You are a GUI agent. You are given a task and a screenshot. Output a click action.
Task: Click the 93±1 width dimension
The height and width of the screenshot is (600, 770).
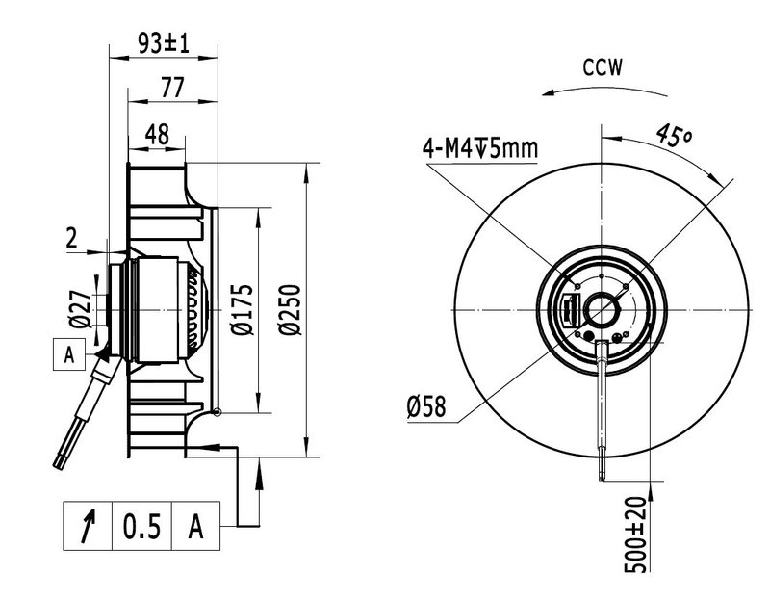(162, 42)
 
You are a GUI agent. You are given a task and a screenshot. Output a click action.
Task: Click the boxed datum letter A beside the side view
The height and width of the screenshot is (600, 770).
(68, 354)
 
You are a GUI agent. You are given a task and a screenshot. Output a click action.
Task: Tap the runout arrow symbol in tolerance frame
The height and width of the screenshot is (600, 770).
(90, 527)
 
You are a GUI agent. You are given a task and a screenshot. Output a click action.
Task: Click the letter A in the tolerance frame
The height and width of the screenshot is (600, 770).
(195, 527)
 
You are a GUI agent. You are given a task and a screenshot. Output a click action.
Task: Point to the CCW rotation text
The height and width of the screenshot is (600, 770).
(603, 67)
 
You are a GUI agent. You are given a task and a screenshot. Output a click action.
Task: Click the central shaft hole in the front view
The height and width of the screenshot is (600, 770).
(603, 308)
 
